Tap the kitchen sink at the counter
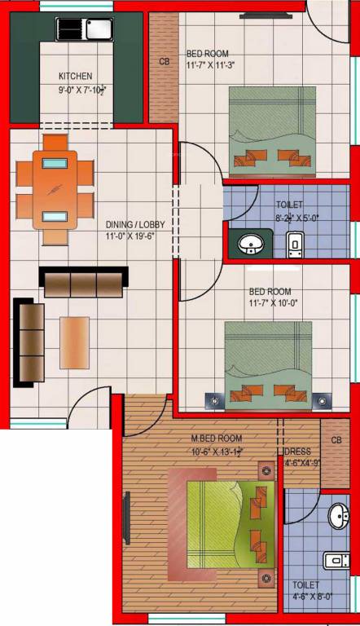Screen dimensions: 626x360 [84, 29]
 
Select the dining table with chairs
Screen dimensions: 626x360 [56, 187]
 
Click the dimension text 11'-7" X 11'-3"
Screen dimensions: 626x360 [211, 65]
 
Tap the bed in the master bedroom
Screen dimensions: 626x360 [226, 522]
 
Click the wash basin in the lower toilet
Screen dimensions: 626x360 [340, 517]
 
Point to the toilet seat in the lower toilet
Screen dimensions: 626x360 [336, 560]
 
